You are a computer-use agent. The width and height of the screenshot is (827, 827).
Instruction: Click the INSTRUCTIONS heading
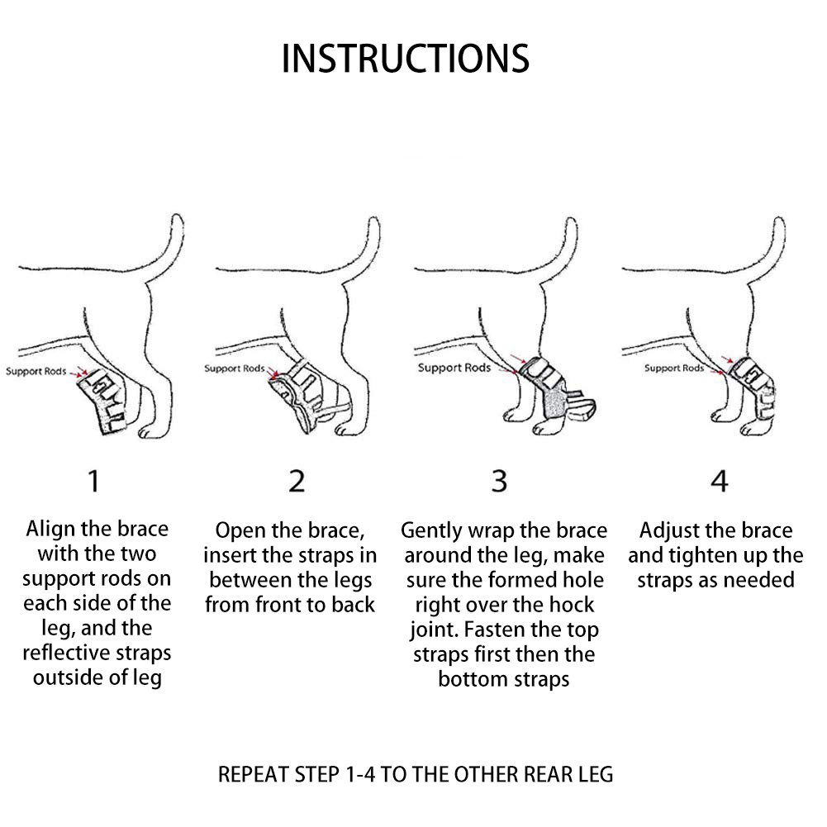(x=405, y=59)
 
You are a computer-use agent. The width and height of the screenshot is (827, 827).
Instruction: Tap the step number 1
(x=94, y=481)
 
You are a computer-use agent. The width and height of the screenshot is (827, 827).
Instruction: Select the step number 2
(x=296, y=481)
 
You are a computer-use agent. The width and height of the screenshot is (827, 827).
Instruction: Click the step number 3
(x=499, y=481)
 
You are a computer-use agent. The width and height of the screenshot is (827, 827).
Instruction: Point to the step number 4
(x=720, y=481)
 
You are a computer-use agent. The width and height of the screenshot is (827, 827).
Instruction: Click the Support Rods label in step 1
(x=35, y=372)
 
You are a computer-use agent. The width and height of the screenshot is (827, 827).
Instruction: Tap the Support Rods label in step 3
(x=454, y=368)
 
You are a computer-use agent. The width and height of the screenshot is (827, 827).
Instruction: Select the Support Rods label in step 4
(x=673, y=368)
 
